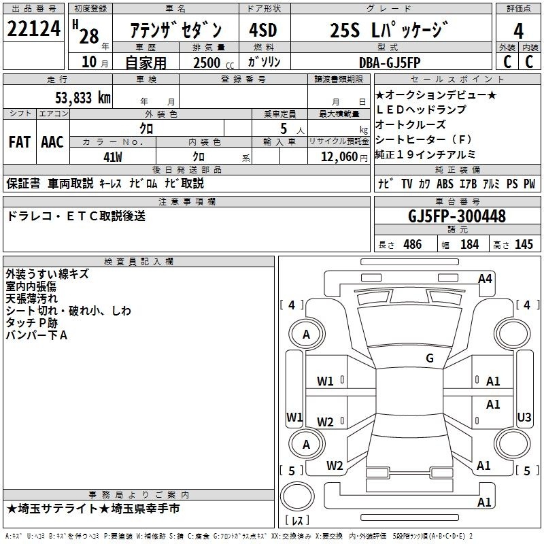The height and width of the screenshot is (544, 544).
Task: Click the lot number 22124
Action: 33,29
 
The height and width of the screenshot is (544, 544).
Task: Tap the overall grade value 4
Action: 518,31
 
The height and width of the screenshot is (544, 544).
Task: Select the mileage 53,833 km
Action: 83,97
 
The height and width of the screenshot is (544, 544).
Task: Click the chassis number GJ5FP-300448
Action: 457,216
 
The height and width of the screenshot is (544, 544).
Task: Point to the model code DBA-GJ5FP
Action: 390,63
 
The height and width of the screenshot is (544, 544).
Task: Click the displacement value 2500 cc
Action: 214,63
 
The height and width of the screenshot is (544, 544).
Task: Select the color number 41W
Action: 113,157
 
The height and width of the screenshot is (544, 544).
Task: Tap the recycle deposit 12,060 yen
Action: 344,157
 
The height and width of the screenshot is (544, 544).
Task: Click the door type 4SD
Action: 263,30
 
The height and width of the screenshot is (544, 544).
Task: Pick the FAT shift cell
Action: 20,142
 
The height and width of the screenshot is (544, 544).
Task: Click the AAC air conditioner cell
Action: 52,142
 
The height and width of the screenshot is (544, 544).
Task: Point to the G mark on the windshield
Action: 430,358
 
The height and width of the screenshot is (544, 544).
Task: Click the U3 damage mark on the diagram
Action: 524,417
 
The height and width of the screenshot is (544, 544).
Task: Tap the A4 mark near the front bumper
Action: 485,279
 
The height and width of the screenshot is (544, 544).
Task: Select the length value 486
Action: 413,244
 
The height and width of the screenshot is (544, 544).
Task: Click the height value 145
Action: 524,244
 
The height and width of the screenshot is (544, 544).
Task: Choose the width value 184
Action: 469,244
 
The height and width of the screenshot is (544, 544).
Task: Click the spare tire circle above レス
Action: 297,496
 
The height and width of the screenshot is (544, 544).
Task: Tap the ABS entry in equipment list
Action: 445,184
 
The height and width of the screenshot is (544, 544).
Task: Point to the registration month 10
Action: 89,62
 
